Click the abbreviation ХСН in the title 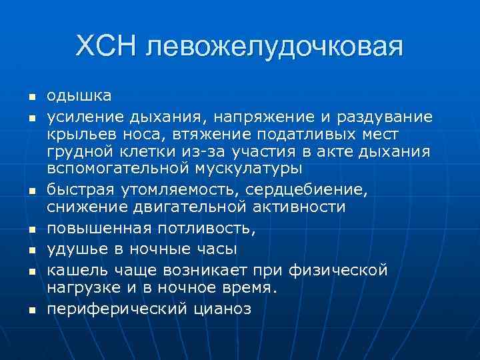[107, 47]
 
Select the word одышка [79, 97]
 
